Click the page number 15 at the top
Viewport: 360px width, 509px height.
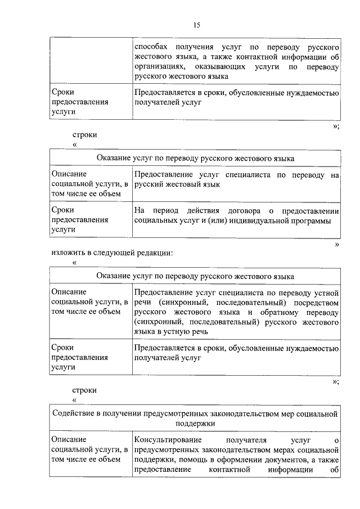coord(196,25)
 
